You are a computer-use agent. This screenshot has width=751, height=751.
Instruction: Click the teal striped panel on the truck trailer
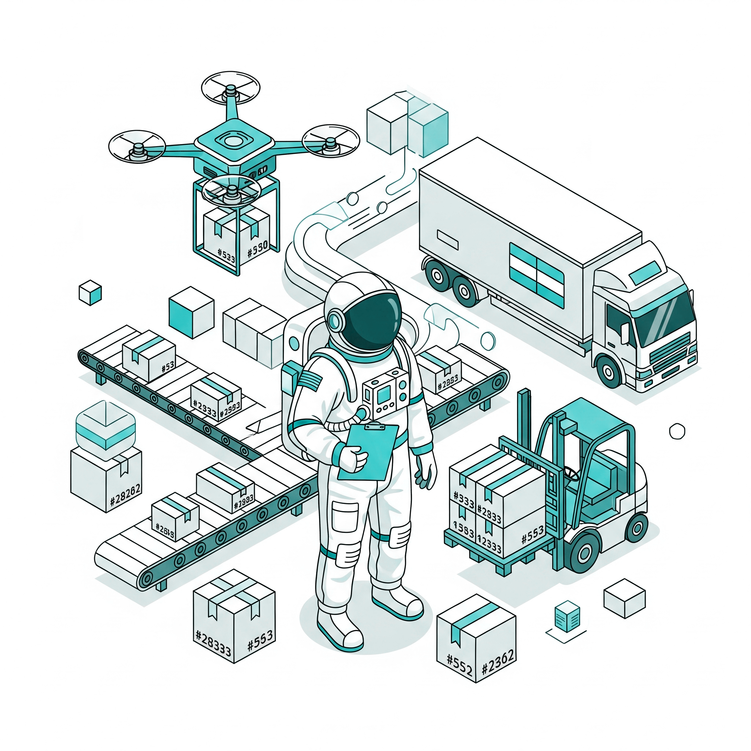[x=536, y=274]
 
